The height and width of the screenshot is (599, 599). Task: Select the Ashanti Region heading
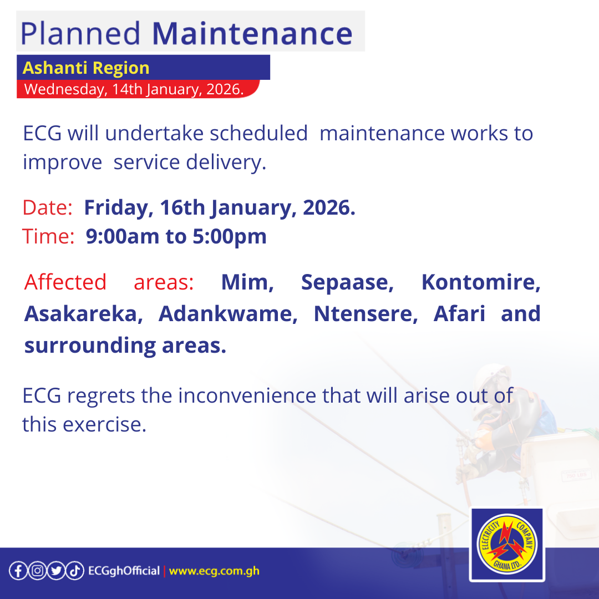(x=86, y=68)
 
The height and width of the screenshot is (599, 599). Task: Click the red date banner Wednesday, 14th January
(x=134, y=89)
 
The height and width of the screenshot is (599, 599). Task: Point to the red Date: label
(x=48, y=208)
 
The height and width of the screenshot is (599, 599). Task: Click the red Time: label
(x=48, y=237)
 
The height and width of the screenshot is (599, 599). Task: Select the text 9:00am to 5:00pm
(x=176, y=237)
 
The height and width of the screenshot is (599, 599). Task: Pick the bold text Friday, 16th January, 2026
(x=220, y=208)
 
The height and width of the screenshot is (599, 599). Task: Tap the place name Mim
(x=247, y=282)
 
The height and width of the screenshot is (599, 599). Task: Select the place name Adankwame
(x=229, y=314)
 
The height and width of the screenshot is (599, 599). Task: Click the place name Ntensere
(x=366, y=314)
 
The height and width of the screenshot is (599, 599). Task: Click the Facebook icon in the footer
(x=18, y=571)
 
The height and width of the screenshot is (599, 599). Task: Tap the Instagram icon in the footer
(x=37, y=571)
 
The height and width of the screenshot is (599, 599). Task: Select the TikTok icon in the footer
(x=75, y=571)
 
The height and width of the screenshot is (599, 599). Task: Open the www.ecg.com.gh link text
(x=214, y=571)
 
